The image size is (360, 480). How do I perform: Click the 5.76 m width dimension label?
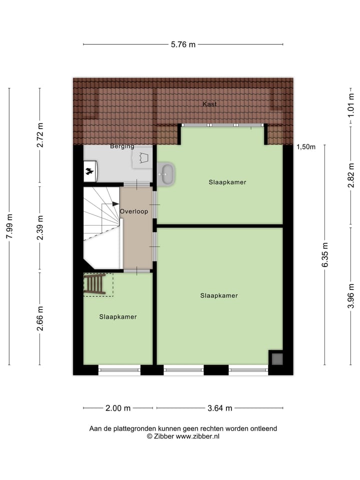click(183, 44)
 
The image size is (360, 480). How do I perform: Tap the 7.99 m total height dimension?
click(9, 226)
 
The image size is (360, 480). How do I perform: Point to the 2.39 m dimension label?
click(40, 228)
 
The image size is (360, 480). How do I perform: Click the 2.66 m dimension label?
click(40, 318)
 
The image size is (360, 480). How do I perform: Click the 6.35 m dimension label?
click(325, 255)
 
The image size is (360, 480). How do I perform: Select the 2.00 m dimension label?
click(118, 408)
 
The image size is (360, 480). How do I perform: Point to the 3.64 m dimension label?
click(220, 408)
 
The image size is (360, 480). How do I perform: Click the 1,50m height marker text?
click(306, 147)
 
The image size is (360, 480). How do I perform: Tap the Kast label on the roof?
click(209, 104)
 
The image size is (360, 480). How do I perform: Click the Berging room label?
click(122, 146)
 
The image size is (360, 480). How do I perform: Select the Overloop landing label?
click(134, 211)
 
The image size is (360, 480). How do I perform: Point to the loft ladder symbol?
click(94, 284)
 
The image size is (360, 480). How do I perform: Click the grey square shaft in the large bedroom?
click(276, 358)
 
